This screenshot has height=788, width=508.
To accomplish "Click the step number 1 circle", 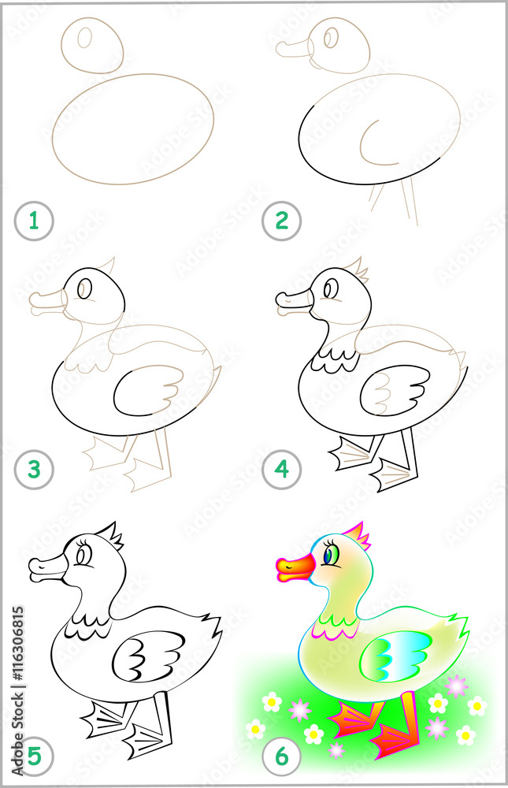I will tap(33, 222).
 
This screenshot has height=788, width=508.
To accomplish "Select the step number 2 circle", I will tap(281, 222).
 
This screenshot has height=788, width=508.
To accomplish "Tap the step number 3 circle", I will tap(34, 471).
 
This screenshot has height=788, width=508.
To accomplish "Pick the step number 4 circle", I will tap(282, 471).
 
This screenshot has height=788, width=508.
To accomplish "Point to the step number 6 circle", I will tap(282, 757).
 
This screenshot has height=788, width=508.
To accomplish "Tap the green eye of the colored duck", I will tap(331, 556).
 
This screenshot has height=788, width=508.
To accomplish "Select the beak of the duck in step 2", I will tap(294, 49).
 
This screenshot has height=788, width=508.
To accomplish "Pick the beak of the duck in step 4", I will tap(294, 301).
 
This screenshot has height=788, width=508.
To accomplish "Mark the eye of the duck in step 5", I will tap(83, 556).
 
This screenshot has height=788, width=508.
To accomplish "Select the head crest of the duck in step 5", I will tap(110, 536).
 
